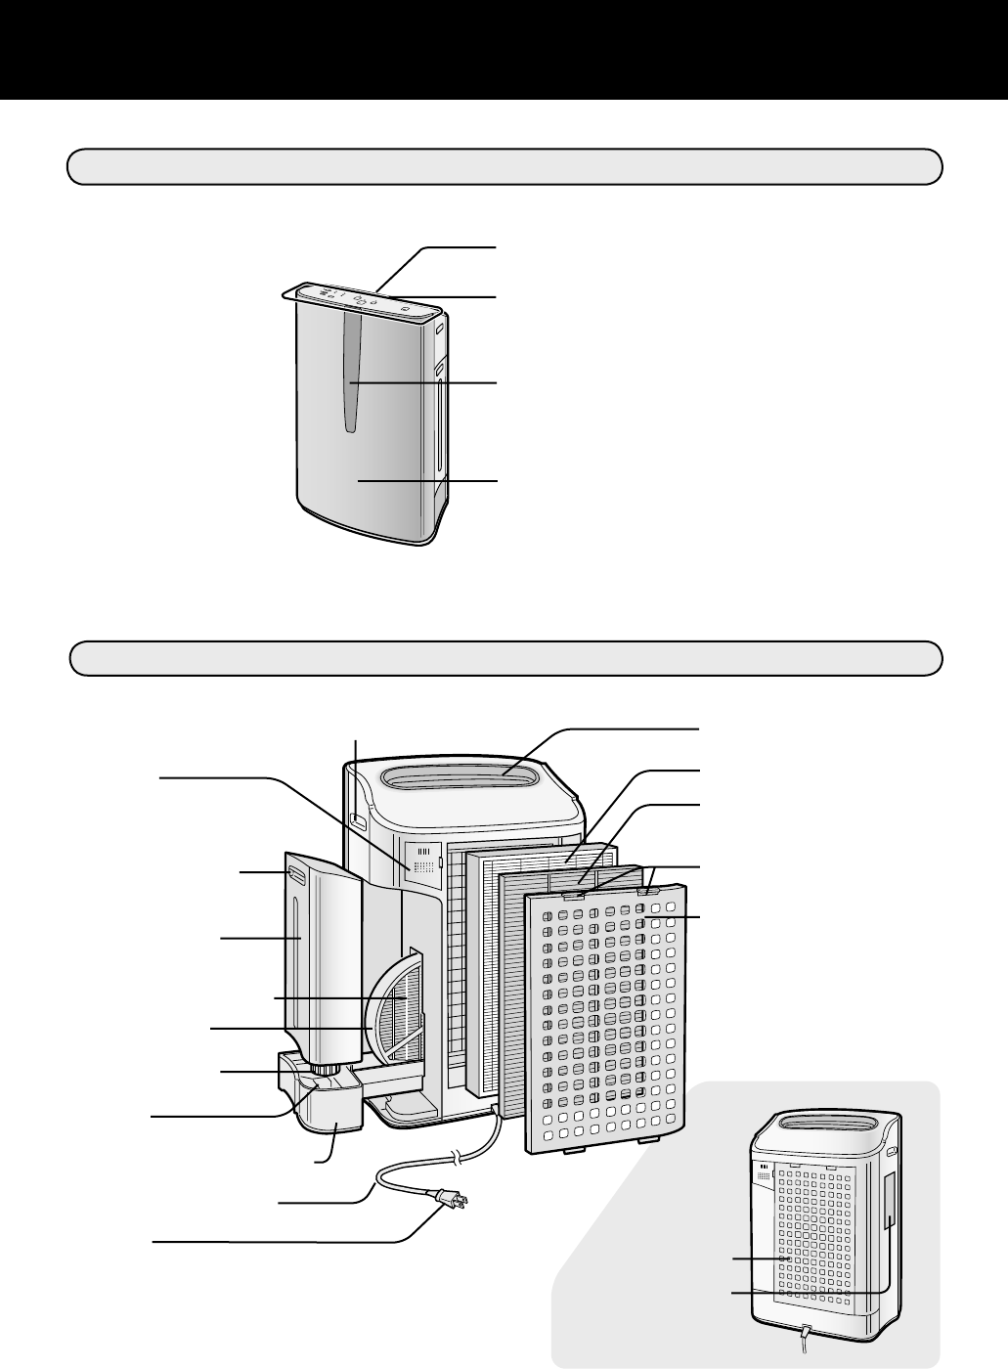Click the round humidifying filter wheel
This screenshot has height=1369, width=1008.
[396, 1007]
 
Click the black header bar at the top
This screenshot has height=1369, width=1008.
[504, 49]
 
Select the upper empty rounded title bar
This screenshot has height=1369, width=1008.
[504, 166]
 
